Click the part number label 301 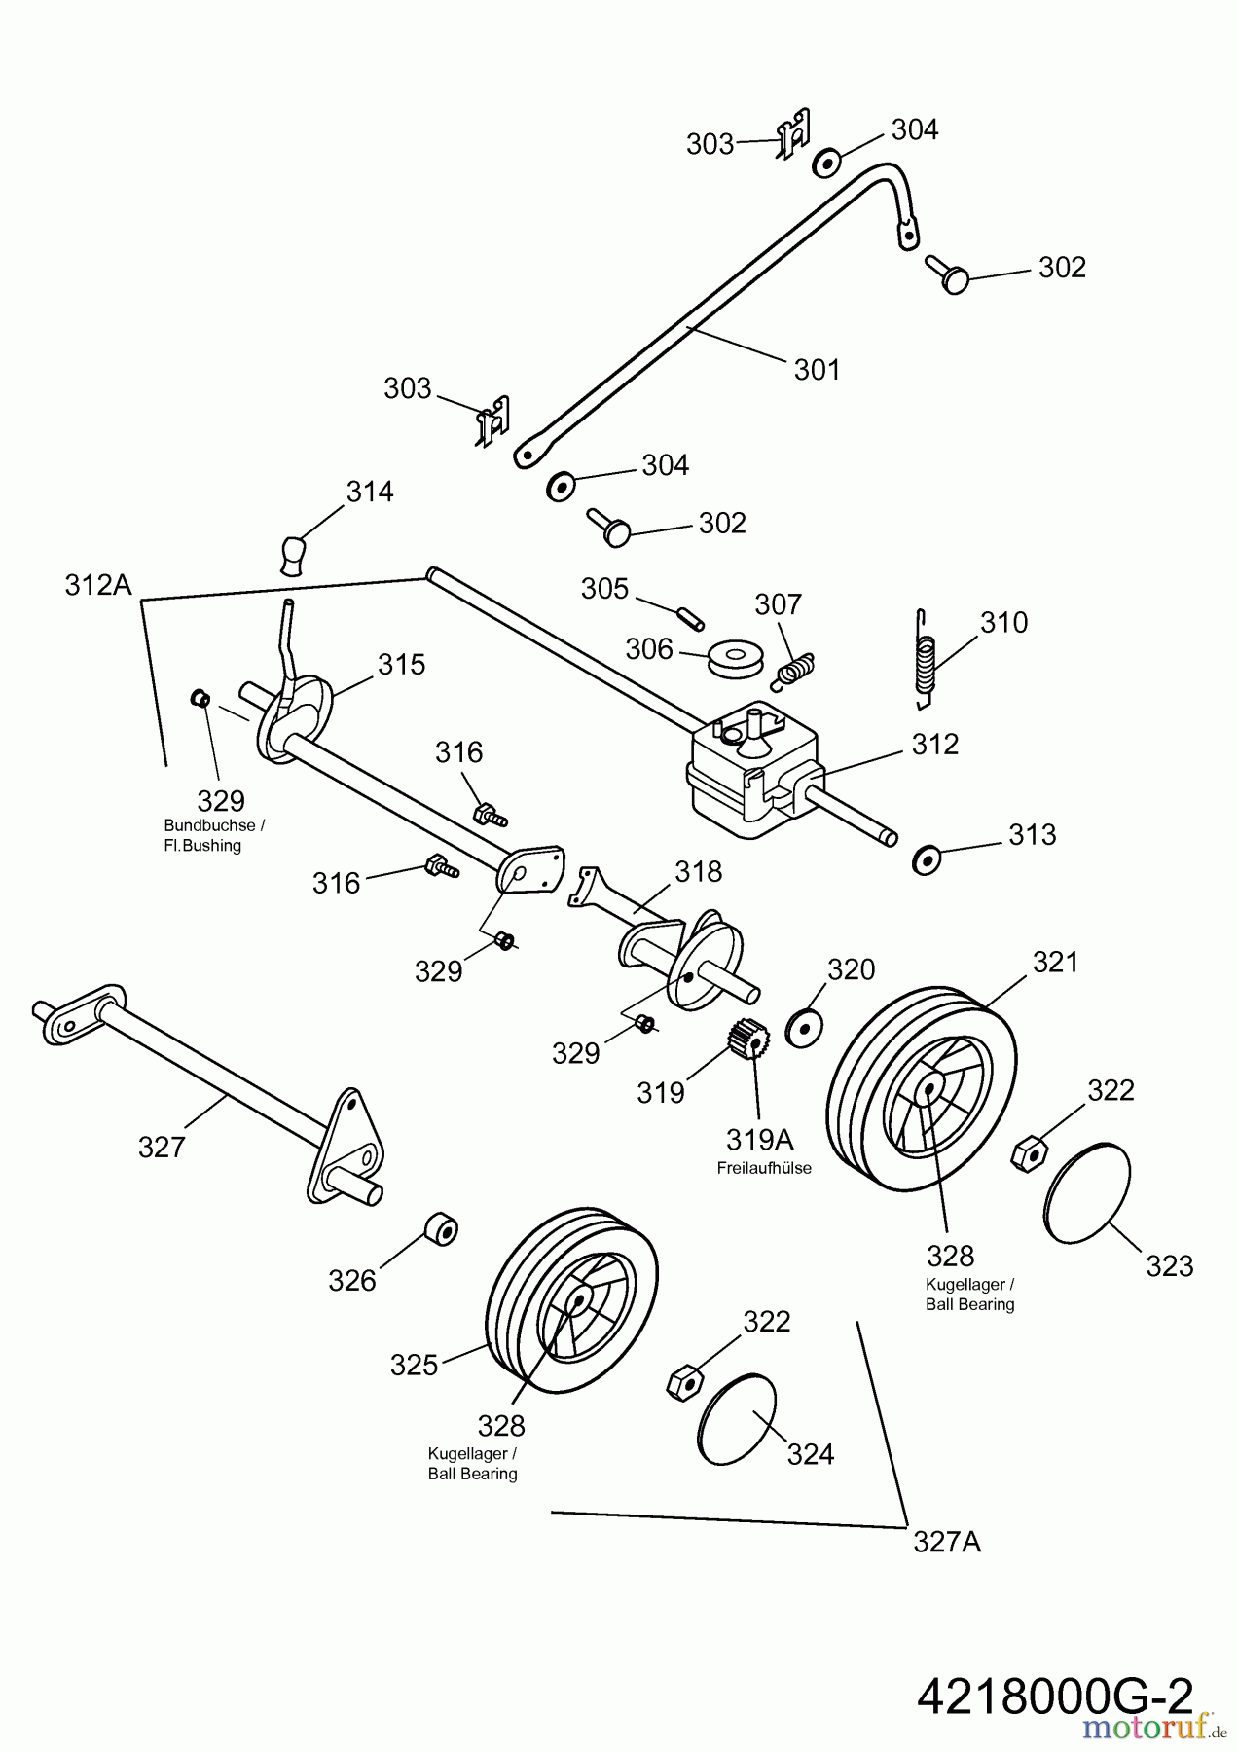pos(817,370)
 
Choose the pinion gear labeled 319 pos(748,1039)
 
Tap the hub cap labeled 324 pos(737,1418)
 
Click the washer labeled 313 pos(927,859)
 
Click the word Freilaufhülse pos(764,1168)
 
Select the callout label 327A pos(946,1542)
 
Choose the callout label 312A pos(97,585)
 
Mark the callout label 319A pos(759,1139)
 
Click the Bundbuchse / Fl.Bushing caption pos(214,835)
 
